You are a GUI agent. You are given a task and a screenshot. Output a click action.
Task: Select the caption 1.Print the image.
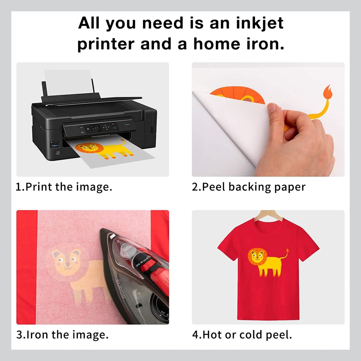tap(64, 187)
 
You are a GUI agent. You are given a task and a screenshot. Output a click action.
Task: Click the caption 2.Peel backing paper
tap(249, 187)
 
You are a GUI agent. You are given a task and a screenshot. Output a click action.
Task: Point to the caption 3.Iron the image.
tap(62, 335)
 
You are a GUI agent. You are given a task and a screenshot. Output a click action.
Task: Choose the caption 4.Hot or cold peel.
tap(242, 335)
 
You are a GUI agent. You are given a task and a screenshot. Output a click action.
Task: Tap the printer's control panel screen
tap(96, 128)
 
